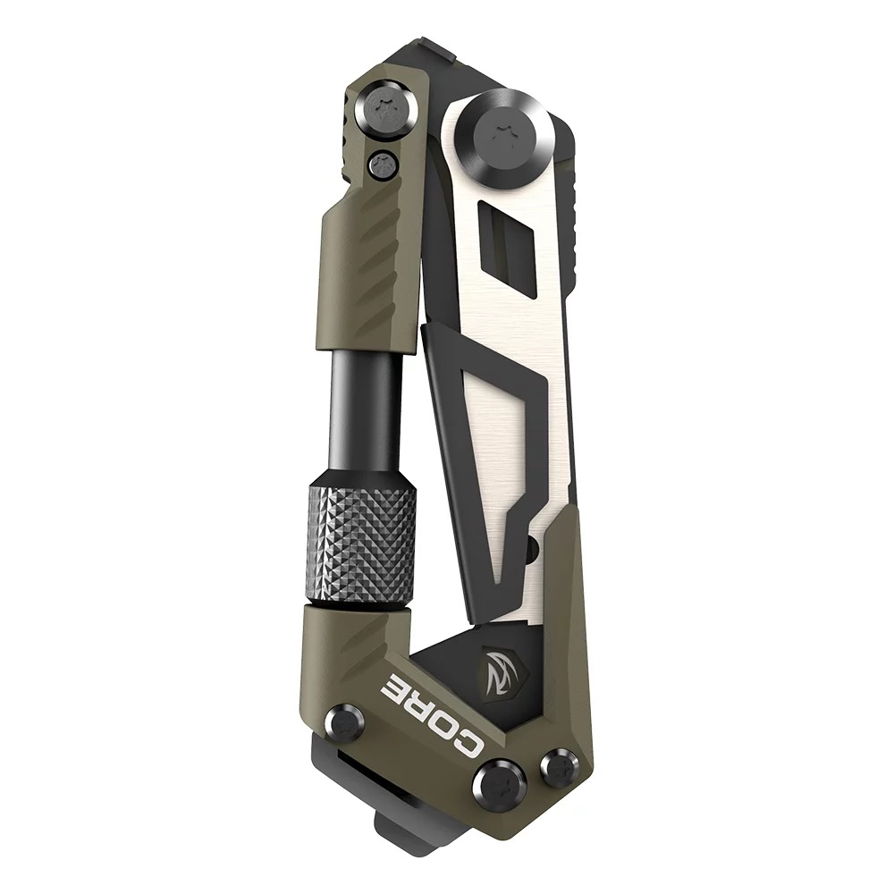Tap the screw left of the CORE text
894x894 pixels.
pyautogui.click(x=345, y=722)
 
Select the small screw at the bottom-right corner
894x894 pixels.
pyautogui.click(x=560, y=767)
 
